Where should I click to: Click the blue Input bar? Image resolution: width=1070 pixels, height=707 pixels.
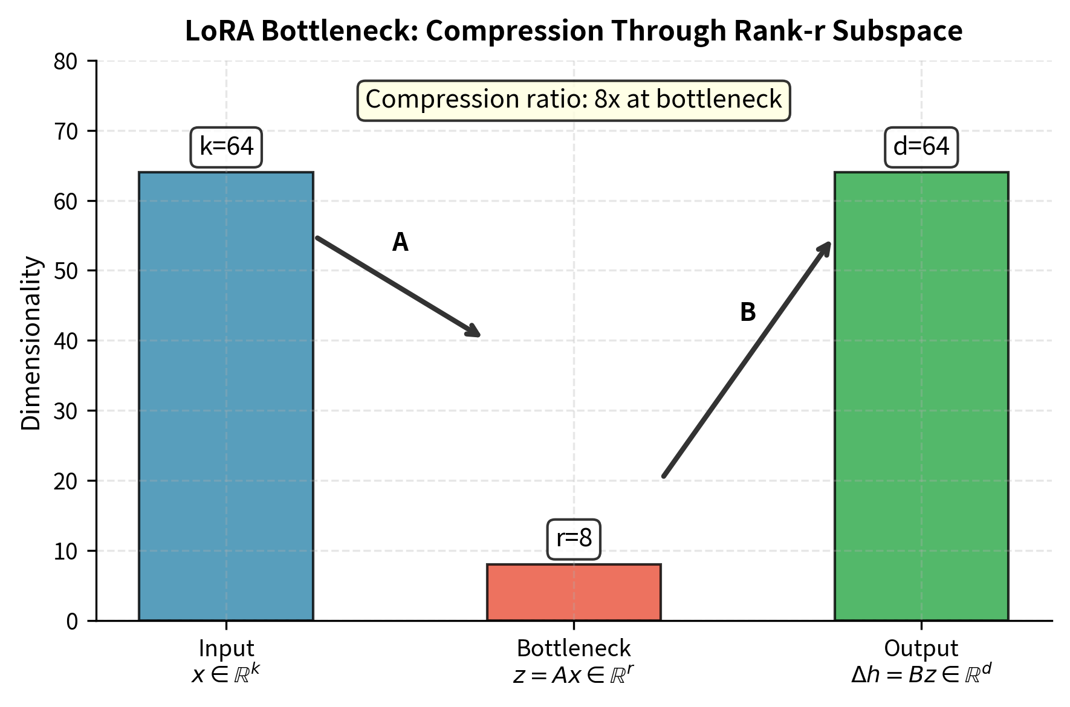click(x=226, y=396)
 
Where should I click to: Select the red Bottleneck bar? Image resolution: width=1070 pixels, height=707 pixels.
click(x=574, y=592)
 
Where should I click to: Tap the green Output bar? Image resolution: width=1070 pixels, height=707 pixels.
click(x=921, y=396)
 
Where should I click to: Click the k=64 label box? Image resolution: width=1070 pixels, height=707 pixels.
click(x=227, y=147)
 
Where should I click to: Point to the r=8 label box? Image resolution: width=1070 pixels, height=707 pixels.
click(x=574, y=538)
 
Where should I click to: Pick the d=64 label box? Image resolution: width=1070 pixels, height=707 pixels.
click(x=921, y=147)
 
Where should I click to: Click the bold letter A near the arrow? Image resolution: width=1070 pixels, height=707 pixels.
click(x=400, y=242)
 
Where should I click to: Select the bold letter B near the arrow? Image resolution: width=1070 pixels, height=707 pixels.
click(x=748, y=312)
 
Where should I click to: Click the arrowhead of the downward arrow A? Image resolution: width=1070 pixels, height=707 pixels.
click(x=475, y=332)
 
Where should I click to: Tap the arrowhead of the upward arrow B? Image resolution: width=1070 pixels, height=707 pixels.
click(x=826, y=248)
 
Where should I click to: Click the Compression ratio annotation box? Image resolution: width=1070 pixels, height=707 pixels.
click(x=574, y=100)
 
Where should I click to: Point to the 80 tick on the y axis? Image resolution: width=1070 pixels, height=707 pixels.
click(x=66, y=62)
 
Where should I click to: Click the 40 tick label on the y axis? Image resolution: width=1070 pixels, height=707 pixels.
click(x=66, y=341)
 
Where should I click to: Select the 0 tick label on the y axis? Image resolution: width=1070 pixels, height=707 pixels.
click(x=73, y=621)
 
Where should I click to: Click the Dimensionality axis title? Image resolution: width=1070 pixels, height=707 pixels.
click(x=31, y=343)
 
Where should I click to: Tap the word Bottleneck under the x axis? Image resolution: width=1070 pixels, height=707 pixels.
click(x=574, y=648)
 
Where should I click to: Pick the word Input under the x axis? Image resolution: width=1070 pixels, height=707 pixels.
click(x=226, y=648)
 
